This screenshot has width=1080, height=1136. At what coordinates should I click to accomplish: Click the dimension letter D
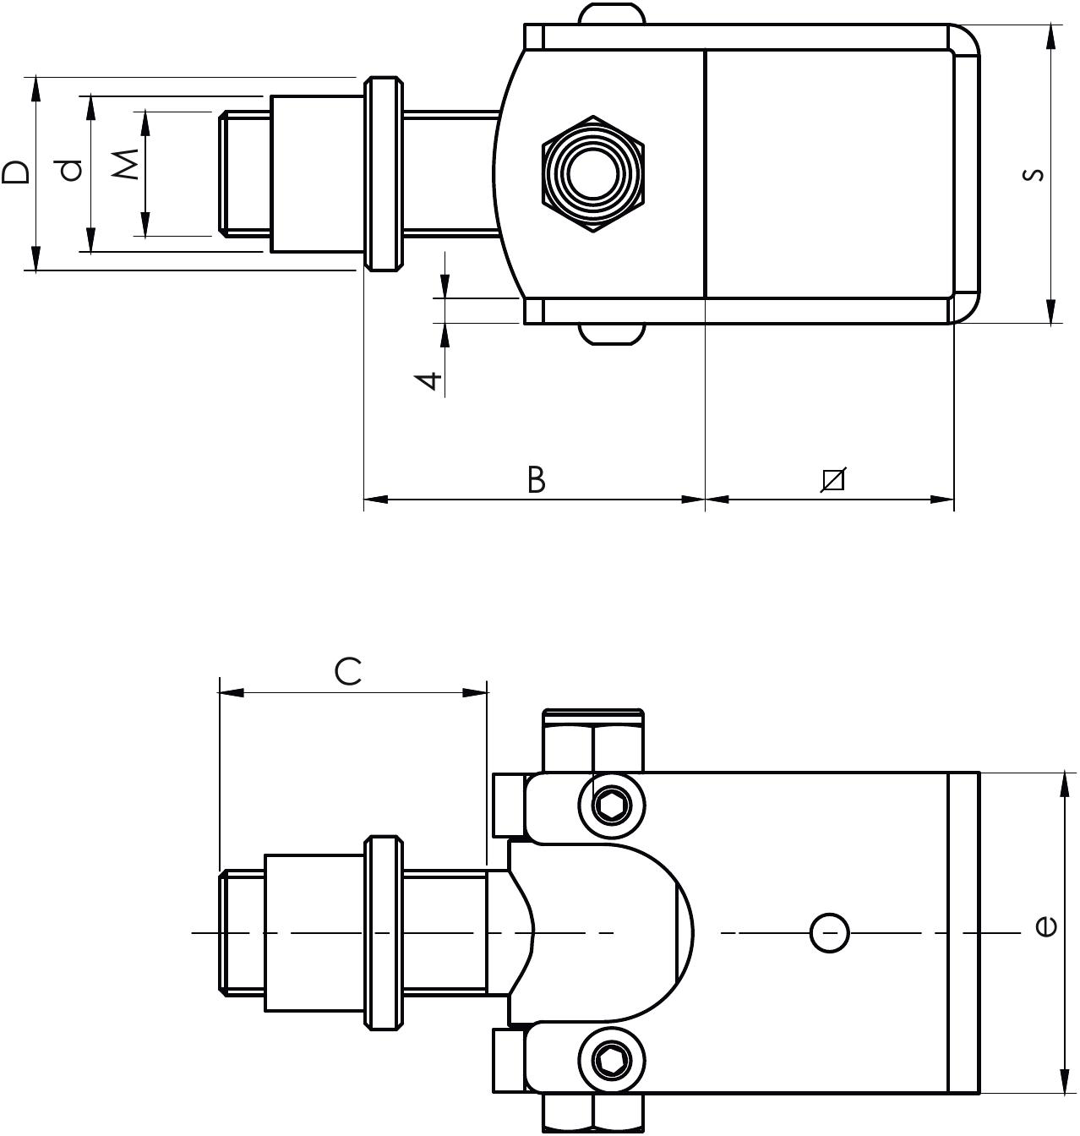(x=16, y=172)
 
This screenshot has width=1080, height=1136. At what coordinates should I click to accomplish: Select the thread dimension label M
(x=126, y=164)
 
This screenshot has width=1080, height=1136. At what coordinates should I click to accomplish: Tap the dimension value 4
(x=430, y=380)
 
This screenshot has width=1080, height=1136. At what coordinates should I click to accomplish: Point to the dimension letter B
(x=536, y=479)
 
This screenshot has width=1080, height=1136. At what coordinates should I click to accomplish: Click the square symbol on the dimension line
(x=833, y=479)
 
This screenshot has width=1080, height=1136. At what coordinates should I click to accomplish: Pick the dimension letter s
(x=1032, y=175)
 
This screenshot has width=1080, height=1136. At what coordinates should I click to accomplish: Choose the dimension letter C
(x=347, y=671)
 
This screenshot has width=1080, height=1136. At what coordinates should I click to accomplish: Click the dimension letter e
(x=1045, y=926)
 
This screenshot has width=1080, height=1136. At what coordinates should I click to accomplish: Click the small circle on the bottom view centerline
(x=829, y=933)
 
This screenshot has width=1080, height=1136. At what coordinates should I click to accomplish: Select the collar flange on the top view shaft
(x=382, y=173)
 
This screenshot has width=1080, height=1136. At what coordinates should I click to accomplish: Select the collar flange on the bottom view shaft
(x=382, y=933)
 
